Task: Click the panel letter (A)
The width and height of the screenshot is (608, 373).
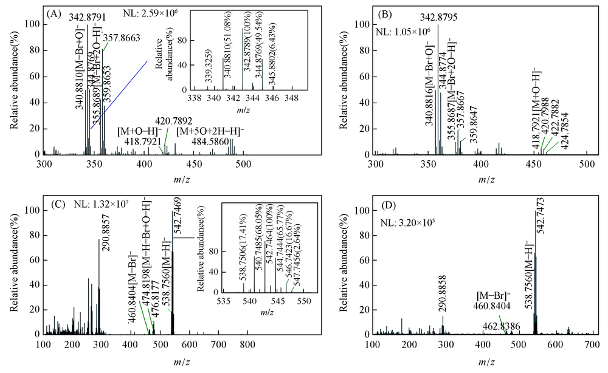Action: (x=53, y=12)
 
